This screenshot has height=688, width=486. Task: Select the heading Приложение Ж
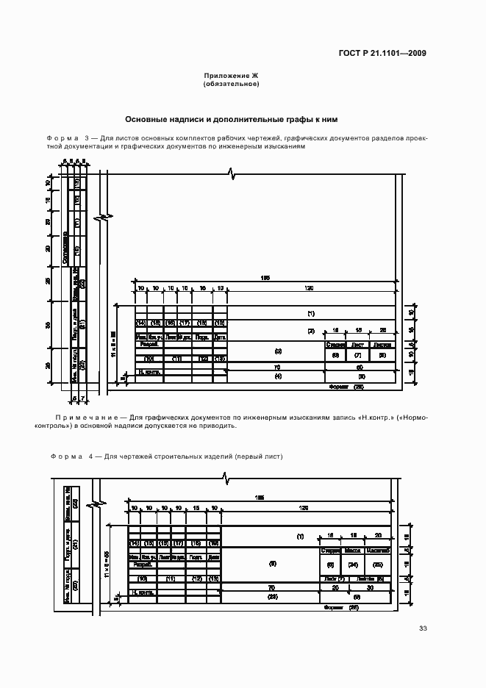point(231,76)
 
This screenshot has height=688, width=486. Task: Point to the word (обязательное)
point(231,85)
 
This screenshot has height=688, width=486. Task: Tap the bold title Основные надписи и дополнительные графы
point(231,119)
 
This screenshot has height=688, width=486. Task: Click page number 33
point(423,628)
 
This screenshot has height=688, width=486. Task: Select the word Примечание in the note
point(82,417)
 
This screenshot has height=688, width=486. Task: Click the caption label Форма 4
point(71,456)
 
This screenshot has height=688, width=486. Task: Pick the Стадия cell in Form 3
point(335,344)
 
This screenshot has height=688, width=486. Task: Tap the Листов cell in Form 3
point(382,344)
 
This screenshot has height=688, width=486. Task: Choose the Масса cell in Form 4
point(354,549)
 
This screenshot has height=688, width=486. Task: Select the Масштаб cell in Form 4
point(379,549)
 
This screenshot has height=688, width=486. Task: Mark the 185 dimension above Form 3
point(265,277)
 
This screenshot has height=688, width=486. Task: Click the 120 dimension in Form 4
point(304,508)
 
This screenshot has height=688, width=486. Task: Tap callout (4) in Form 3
point(278,376)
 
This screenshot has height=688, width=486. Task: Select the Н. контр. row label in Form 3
point(149,372)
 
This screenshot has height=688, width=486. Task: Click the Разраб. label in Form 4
point(143,565)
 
